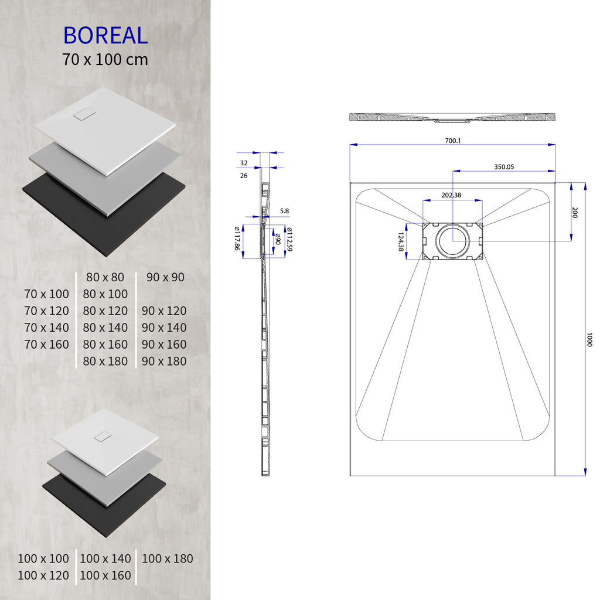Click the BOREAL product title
pos(105,36)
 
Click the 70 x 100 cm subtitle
pos(105,59)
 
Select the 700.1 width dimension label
pos(453,141)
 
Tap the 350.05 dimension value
pos(504,167)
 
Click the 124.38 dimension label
pos(401,242)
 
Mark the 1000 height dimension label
pos(589,340)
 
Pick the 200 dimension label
pos(575,213)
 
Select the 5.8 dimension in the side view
pos(284,210)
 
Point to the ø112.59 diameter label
pos(289,240)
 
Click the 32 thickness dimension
pos(244,163)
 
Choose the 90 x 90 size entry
pos(166,277)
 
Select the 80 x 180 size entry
pos(105,362)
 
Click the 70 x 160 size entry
pos(47,345)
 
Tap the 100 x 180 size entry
pos(167,559)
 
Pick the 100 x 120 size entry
pos(43,576)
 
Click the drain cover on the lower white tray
pos(103,437)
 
